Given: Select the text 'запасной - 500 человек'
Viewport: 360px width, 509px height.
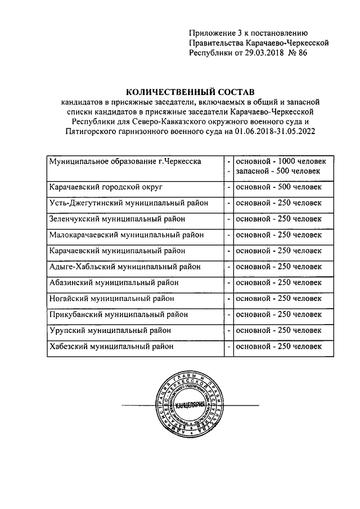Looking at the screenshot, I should coord(278,171).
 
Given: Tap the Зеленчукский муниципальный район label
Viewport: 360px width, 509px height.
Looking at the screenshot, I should coord(117,218).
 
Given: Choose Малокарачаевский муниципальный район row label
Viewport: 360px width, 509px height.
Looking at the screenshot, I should coord(127,235).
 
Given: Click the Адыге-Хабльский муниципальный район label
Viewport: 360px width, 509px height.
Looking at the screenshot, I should coord(125,267).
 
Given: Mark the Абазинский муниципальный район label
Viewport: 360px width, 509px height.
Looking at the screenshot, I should coord(116,282).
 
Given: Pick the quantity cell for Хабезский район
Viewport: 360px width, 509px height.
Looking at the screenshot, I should coord(278,346).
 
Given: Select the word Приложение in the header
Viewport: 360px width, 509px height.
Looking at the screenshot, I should coord(211,33).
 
